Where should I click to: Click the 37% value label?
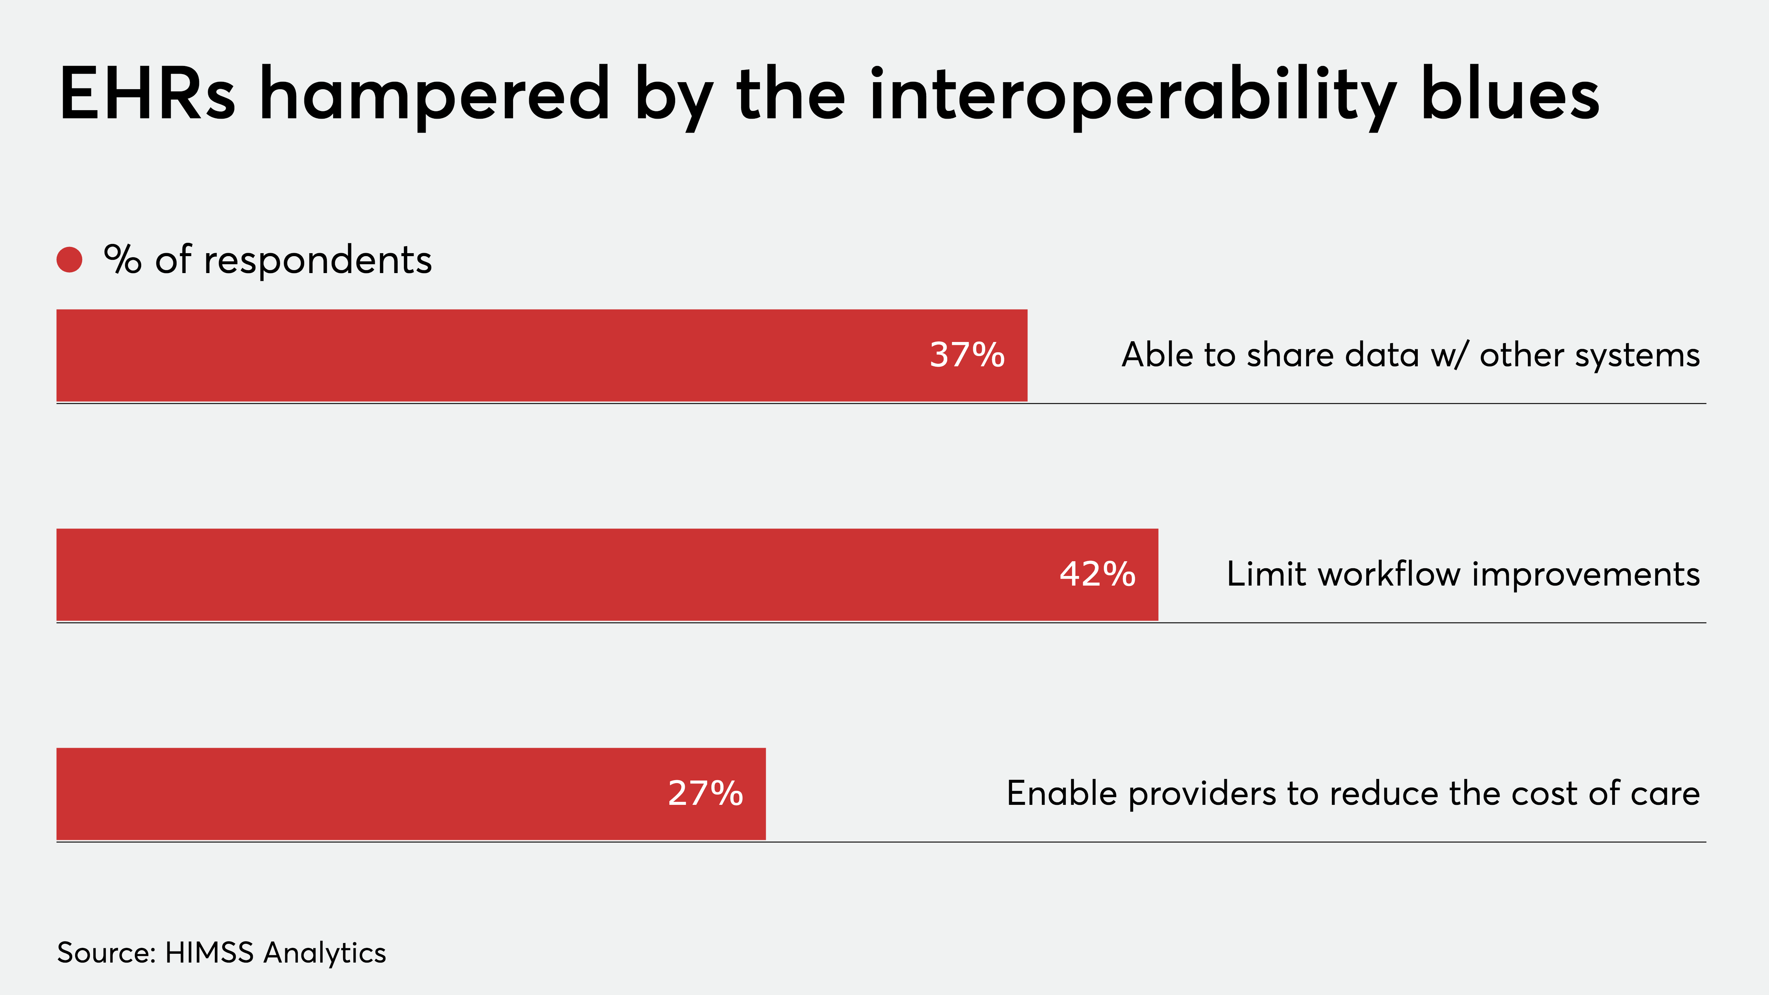(x=967, y=355)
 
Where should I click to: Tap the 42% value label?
(x=1098, y=574)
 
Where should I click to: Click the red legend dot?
(x=69, y=259)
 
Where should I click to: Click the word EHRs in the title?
(x=148, y=95)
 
